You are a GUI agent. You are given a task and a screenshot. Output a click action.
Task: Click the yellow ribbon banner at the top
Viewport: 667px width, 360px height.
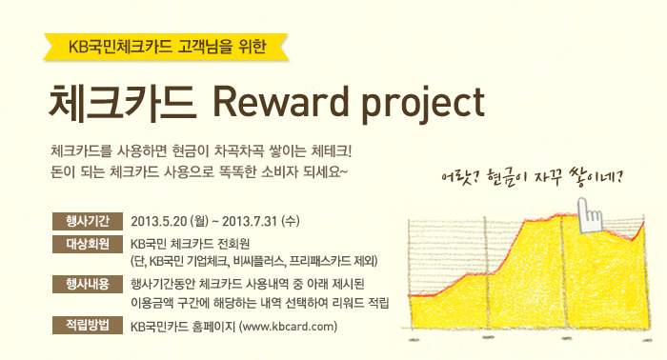click(166, 47)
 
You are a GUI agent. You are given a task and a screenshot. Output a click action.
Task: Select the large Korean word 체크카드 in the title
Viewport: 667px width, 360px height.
click(123, 102)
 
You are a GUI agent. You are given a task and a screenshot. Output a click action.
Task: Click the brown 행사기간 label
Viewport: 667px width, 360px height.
click(88, 221)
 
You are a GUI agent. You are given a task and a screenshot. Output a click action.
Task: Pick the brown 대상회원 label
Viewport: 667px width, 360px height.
click(88, 244)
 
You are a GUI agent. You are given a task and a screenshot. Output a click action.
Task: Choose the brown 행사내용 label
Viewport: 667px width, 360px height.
click(88, 284)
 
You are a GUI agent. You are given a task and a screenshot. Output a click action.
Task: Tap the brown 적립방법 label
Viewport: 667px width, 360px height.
click(88, 325)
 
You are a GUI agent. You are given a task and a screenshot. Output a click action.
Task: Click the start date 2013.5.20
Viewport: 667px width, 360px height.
click(159, 222)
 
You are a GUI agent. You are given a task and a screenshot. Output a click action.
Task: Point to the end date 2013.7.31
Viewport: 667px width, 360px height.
click(250, 222)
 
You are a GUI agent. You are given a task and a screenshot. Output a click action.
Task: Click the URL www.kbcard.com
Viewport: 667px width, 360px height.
click(289, 327)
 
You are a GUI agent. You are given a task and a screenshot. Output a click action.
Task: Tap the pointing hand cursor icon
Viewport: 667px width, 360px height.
click(589, 214)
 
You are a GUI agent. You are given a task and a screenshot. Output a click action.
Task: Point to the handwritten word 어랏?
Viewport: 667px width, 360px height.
click(458, 175)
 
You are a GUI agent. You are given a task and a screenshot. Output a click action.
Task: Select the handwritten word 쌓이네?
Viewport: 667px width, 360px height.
click(596, 177)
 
